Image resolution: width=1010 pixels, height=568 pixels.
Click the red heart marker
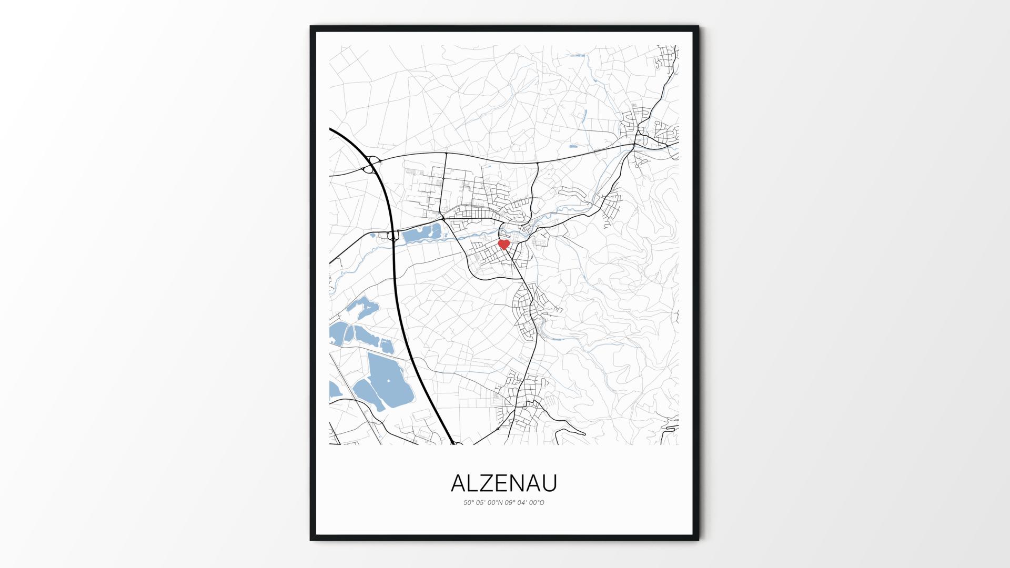point(503,244)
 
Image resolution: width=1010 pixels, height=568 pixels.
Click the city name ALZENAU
point(504,483)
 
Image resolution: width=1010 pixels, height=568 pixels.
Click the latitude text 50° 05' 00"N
point(483,503)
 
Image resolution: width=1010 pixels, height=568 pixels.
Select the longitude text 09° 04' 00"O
point(524,503)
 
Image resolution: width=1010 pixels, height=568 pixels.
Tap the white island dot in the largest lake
point(389,380)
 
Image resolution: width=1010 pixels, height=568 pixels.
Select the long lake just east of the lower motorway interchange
point(421,234)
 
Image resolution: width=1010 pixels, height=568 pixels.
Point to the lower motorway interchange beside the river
point(392,237)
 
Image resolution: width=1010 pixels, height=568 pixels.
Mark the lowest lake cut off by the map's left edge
point(335,389)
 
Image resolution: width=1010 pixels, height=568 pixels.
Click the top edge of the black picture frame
point(504,28)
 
